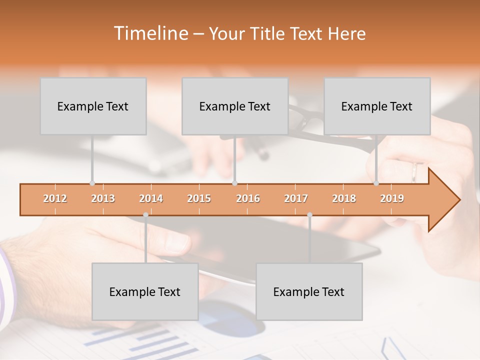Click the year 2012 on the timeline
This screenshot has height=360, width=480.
coord(55,199)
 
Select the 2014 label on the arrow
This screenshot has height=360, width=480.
coord(151,199)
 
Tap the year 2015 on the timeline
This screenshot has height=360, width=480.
coord(199,199)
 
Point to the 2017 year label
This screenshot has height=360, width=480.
coord(296,199)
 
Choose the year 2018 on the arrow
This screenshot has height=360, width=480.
coord(344,199)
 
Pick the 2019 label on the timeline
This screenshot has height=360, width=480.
coord(392,199)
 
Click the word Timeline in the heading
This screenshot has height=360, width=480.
coord(150,33)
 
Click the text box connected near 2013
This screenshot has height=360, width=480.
coord(93,106)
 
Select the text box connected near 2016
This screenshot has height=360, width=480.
coord(235,106)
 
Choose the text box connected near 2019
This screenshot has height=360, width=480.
coord(377,106)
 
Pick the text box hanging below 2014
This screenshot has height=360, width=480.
coord(145,291)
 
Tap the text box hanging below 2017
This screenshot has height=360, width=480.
coord(309,291)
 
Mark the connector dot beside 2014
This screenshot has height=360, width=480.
coord(145,215)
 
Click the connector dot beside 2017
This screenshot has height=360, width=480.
coord(309,215)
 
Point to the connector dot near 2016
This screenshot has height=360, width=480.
coord(235,183)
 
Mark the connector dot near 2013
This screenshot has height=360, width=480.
coord(92,183)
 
